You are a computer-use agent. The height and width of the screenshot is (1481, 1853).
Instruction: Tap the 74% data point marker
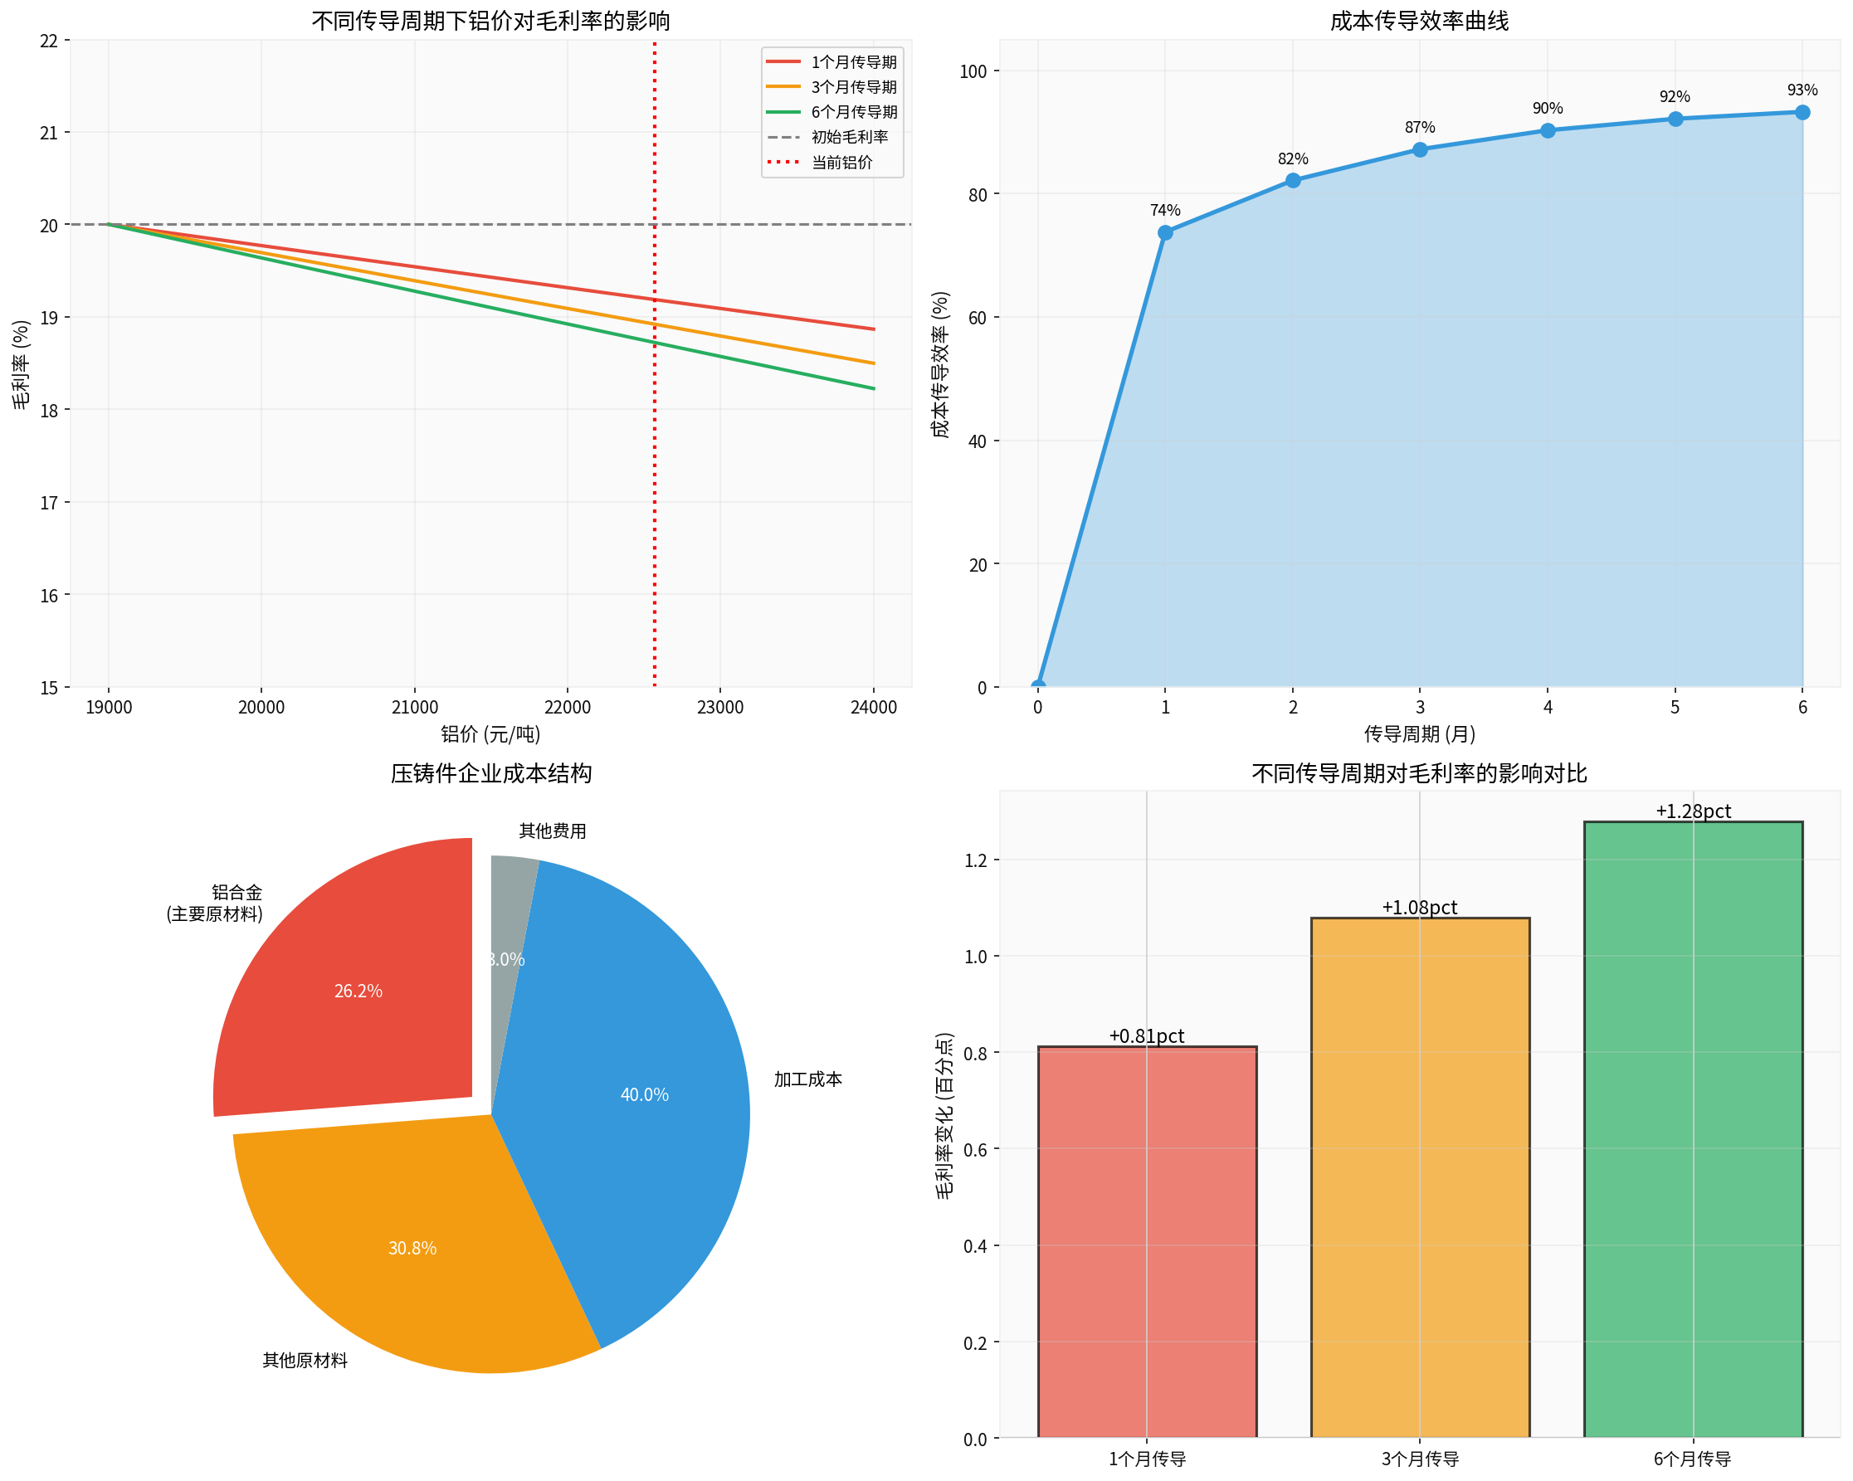point(1164,233)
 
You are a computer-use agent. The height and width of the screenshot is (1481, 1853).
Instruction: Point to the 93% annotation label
point(1802,90)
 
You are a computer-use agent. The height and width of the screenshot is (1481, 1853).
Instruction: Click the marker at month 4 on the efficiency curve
point(1547,130)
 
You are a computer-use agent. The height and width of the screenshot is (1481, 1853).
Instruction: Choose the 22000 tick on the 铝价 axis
point(568,707)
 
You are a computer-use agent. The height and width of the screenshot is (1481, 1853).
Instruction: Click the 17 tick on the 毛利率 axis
point(49,503)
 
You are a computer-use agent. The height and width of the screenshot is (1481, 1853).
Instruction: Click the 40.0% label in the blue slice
point(644,1094)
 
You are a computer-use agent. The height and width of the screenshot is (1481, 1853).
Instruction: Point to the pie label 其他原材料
point(305,1360)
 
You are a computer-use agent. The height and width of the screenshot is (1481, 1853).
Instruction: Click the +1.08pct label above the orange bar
point(1419,908)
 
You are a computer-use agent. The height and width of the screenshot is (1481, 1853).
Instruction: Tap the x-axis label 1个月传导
point(1147,1459)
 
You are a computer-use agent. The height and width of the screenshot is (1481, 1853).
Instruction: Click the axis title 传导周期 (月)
point(1419,733)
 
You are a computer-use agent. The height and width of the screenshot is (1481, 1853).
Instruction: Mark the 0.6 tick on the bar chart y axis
point(976,1149)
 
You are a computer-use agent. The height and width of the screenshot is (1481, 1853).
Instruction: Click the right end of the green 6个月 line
point(873,388)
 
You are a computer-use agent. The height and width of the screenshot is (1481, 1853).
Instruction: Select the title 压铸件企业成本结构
point(490,772)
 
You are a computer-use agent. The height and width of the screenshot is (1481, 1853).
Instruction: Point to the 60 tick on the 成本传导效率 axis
point(978,318)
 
